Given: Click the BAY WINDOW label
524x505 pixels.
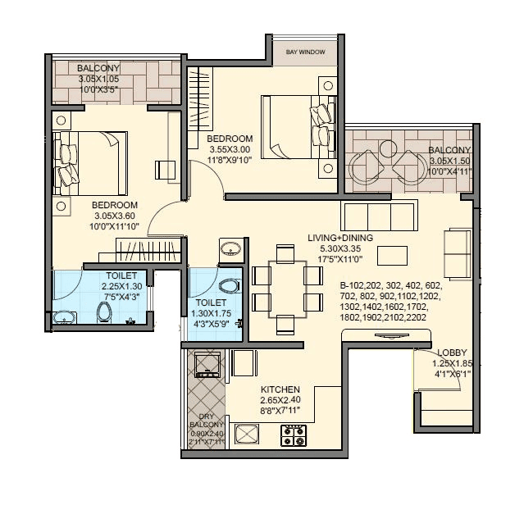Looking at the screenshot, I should [x=306, y=52].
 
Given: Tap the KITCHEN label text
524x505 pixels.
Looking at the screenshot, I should [x=280, y=389].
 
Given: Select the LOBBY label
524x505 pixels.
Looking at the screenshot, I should [x=453, y=353].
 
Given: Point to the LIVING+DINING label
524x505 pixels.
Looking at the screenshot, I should [x=340, y=238].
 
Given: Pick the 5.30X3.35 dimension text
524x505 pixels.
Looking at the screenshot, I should [x=340, y=249].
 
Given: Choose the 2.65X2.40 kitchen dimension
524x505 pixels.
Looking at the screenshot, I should [x=280, y=400].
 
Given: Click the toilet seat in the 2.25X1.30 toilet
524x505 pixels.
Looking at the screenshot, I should [x=104, y=312].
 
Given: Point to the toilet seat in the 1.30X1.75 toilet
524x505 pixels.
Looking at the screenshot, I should [x=231, y=287].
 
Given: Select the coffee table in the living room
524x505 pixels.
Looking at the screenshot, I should [x=390, y=255].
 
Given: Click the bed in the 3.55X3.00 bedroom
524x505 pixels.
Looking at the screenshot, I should [x=295, y=125].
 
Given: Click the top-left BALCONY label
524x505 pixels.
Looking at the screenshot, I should [x=98, y=68].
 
